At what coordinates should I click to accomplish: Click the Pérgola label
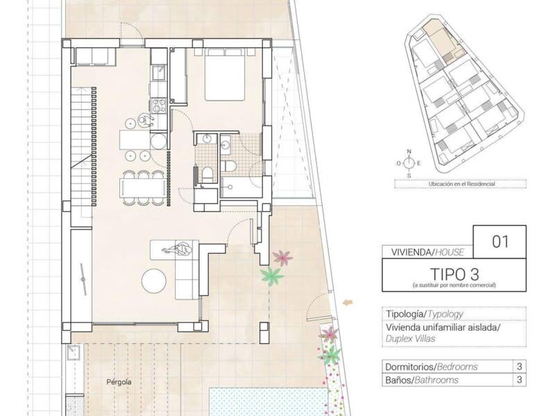pos(119,382)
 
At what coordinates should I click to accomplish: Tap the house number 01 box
pos(499,241)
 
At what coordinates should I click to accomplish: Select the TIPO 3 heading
pos(454,274)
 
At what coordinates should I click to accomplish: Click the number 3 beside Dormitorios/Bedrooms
pos(519,366)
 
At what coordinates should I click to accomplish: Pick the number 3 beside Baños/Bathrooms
pos(519,379)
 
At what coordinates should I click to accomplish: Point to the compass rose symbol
pos(409,163)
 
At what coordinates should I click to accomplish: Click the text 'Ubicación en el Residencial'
pos(461,184)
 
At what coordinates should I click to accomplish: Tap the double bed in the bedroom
pos(224,75)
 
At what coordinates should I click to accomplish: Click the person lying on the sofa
pos(178,249)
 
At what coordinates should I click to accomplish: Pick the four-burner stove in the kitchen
pos(159,105)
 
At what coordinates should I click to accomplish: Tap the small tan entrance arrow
pos(348,302)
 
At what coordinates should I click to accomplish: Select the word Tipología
pos(405,314)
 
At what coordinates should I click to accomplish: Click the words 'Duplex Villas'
pos(411,338)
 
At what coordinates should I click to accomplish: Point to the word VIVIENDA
pos(411,252)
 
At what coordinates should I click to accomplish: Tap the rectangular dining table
pos(143,187)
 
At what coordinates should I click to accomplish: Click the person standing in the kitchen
pos(144,119)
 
